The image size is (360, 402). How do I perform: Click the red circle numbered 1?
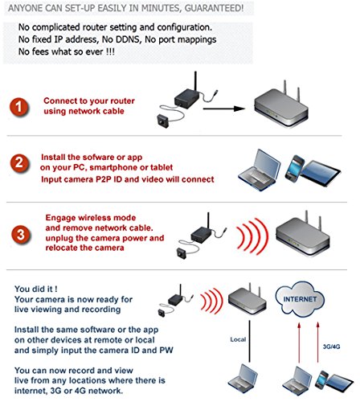point(18,107)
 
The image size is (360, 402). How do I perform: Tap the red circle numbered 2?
point(19,163)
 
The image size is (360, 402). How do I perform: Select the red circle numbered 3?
point(21,235)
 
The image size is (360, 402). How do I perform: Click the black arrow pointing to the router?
point(224,109)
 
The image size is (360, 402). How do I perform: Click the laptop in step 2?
point(259,170)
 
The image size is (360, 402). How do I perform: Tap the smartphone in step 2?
point(295,169)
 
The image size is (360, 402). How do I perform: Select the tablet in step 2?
point(321,173)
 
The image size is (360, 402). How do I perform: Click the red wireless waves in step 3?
point(252,236)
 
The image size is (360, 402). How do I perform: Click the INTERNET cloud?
point(300,299)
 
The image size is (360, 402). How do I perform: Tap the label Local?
point(238,339)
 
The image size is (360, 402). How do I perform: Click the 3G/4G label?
point(331,347)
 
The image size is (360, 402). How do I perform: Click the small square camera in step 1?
point(162,121)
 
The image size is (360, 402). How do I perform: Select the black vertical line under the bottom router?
point(250,341)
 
